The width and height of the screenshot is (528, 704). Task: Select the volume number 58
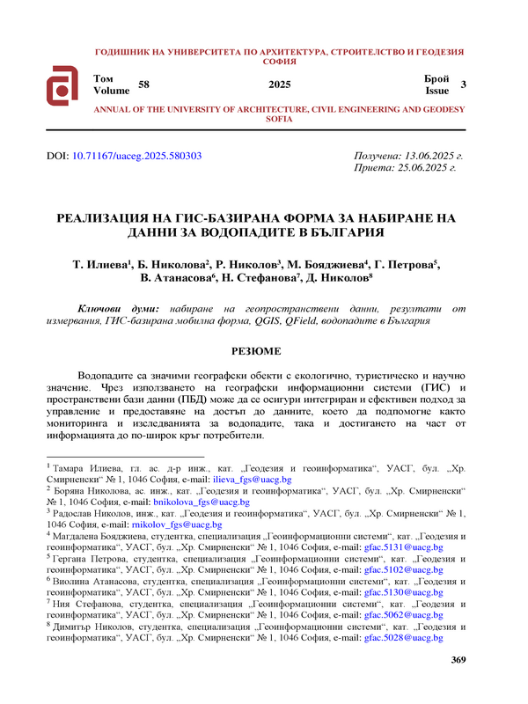click(x=143, y=84)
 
